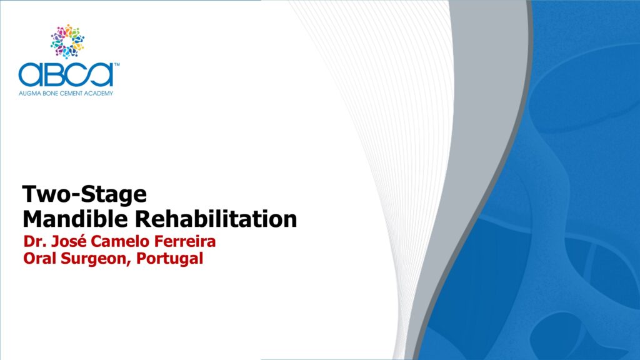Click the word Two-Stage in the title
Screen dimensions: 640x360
click(x=84, y=194)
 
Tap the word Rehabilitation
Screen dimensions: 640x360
click(x=216, y=219)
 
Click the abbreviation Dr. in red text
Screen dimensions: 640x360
click(x=34, y=241)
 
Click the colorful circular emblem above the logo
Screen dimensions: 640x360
click(x=67, y=41)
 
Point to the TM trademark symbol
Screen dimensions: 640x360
click(x=117, y=64)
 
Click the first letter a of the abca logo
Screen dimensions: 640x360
click(x=30, y=75)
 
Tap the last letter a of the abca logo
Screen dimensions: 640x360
click(x=101, y=75)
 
